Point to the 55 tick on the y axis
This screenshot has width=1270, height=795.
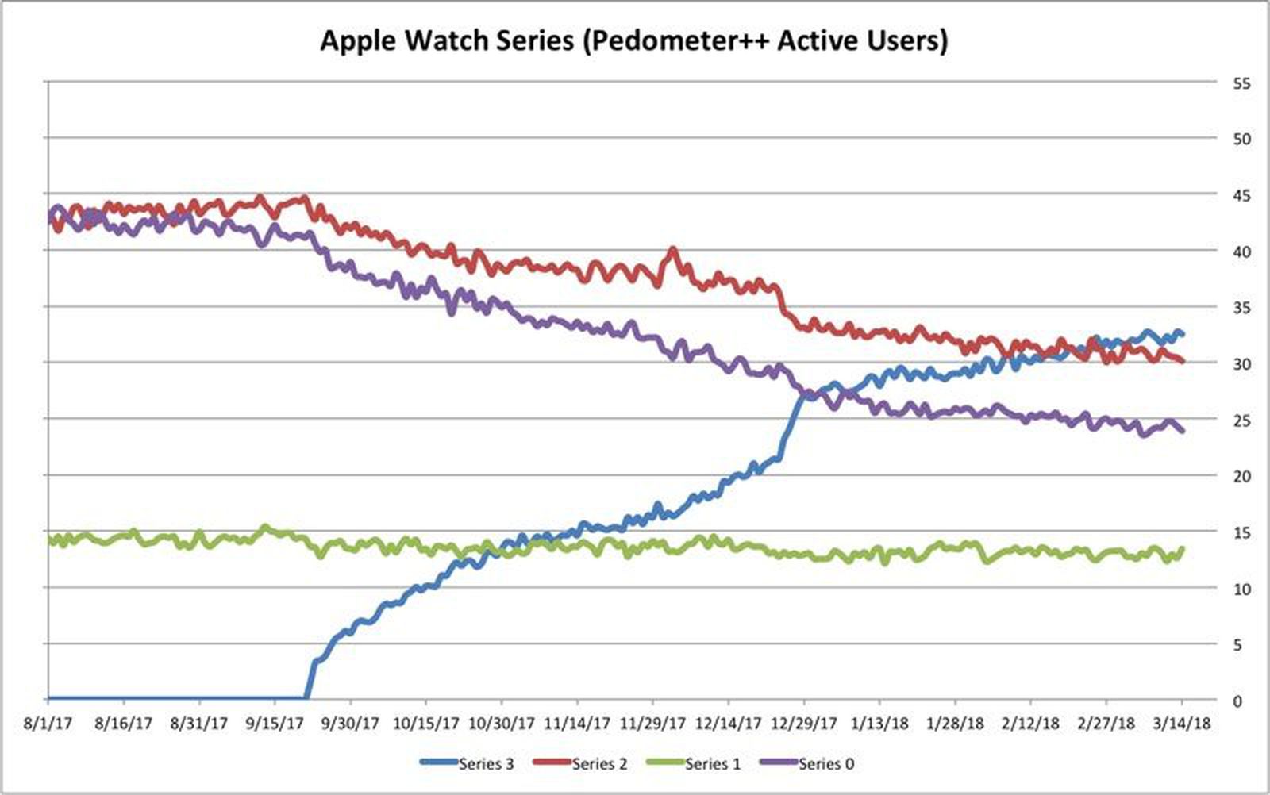(x=1242, y=83)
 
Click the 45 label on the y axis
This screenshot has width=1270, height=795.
(x=1242, y=195)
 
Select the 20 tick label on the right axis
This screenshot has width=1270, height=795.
(x=1242, y=476)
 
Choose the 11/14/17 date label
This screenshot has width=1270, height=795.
(x=577, y=724)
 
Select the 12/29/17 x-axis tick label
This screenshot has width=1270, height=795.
(x=804, y=724)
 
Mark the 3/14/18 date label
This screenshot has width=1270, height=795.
(x=1182, y=724)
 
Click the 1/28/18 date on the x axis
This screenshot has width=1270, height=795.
(x=955, y=724)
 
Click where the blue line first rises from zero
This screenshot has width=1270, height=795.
(x=307, y=697)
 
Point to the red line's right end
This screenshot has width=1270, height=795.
(x=1183, y=361)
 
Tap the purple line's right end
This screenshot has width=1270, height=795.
(x=1183, y=431)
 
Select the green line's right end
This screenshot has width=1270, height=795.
(x=1183, y=548)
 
